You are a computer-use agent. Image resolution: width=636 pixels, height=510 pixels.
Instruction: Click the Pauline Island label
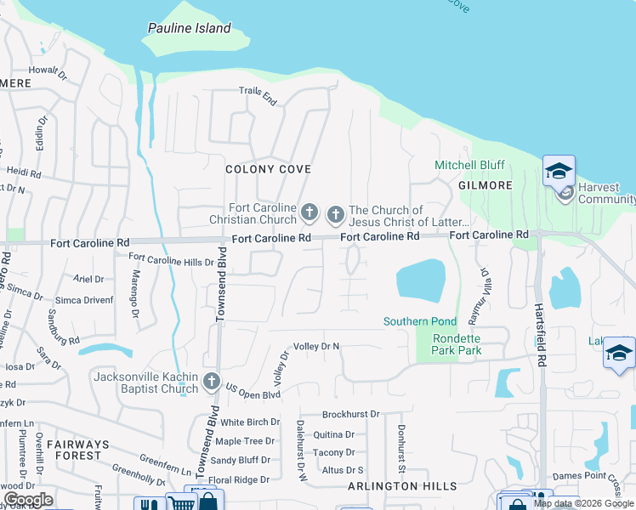(189, 28)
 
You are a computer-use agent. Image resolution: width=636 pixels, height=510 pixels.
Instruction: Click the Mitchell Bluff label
(469, 165)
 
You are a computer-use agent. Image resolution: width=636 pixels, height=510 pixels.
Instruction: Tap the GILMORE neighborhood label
(486, 185)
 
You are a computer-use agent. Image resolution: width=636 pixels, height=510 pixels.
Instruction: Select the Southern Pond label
(420, 321)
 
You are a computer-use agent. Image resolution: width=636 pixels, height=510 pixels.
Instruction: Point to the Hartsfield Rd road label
(539, 324)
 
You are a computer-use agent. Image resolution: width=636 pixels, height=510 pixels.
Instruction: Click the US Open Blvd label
(253, 392)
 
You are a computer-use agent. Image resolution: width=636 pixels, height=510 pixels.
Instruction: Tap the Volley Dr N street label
(316, 346)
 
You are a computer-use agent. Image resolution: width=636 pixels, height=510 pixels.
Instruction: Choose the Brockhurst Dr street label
(350, 414)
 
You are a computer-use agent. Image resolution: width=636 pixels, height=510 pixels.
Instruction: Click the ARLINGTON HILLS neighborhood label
(402, 486)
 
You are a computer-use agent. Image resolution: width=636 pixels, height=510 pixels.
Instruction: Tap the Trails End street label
(258, 93)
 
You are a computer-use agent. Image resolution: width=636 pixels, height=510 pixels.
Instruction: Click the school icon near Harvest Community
(559, 173)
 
